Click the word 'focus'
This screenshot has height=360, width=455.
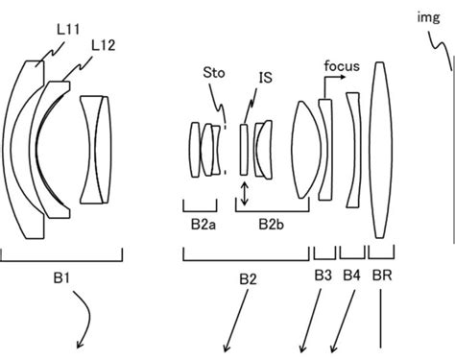pyautogui.click(x=343, y=66)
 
